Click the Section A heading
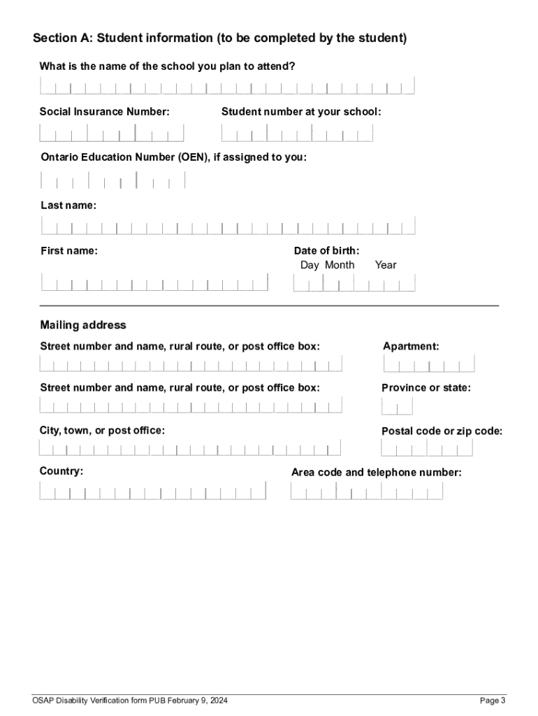(x=219, y=38)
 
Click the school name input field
(x=227, y=86)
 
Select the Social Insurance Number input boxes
(x=112, y=133)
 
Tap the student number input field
(x=297, y=133)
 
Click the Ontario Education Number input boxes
(x=112, y=180)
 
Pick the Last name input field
(x=228, y=226)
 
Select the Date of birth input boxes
(x=354, y=282)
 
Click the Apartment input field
(x=429, y=364)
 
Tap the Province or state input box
(x=397, y=406)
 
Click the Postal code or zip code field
(x=419, y=448)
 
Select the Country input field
(x=152, y=491)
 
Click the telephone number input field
(x=367, y=491)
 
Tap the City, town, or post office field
(x=190, y=448)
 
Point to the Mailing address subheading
(x=83, y=325)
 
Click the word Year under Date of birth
(x=385, y=265)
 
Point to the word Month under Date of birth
(x=340, y=265)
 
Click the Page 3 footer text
(x=492, y=701)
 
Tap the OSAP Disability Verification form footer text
(x=129, y=701)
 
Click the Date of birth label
(x=326, y=250)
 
